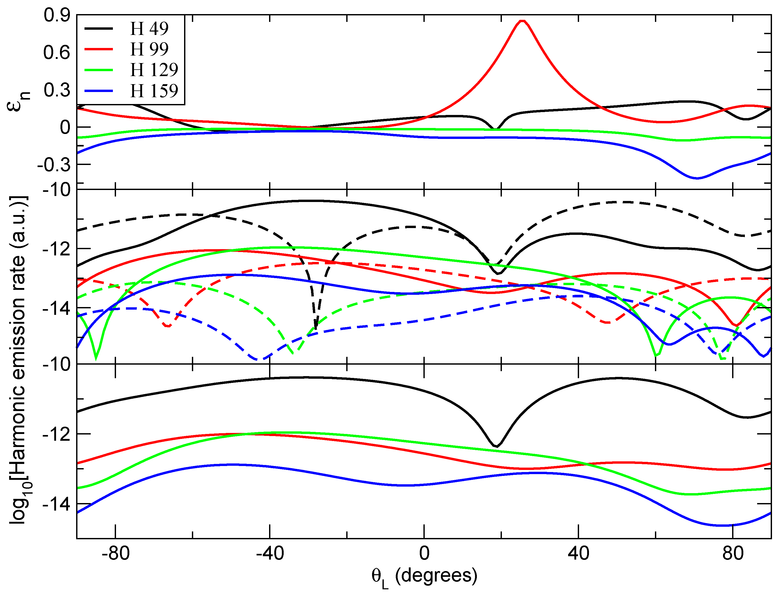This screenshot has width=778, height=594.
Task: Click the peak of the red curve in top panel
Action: pos(522,21)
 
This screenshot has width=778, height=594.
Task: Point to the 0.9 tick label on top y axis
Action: pos(57,16)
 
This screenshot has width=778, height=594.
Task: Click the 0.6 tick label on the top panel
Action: pos(57,53)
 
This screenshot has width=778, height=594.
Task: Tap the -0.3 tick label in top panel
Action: pos(54,165)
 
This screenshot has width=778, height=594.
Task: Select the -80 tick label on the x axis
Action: pos(115,553)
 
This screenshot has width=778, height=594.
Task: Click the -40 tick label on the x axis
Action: pos(270,553)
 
